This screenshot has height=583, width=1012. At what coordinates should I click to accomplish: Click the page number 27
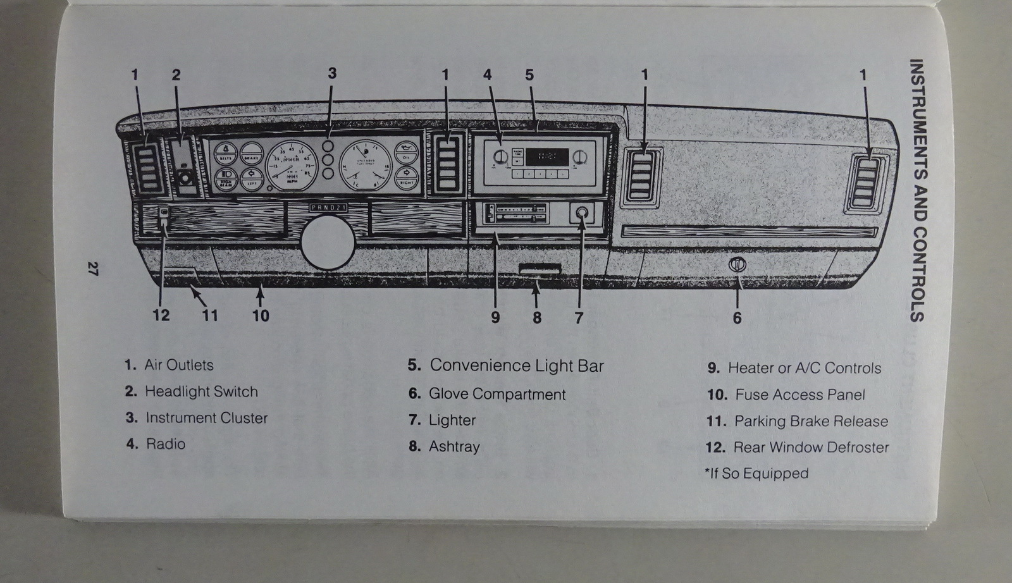click(x=92, y=268)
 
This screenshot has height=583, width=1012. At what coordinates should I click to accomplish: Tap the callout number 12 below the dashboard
click(x=161, y=315)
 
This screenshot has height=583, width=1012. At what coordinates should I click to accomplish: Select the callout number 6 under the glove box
click(x=737, y=317)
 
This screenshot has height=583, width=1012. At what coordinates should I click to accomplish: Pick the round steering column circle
click(x=328, y=240)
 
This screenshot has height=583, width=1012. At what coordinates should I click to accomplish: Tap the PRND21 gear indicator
click(x=328, y=207)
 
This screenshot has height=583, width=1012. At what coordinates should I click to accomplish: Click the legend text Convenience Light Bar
click(x=517, y=365)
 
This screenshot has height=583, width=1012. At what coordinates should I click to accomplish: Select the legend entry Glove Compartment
click(x=497, y=394)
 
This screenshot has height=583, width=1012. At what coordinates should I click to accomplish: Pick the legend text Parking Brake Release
click(x=811, y=421)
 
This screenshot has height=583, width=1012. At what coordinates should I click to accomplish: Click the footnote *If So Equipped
click(x=756, y=474)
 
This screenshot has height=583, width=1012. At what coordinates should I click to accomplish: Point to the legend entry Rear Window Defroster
click(x=811, y=448)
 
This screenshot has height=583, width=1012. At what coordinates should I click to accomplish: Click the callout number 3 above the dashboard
click(x=332, y=73)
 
